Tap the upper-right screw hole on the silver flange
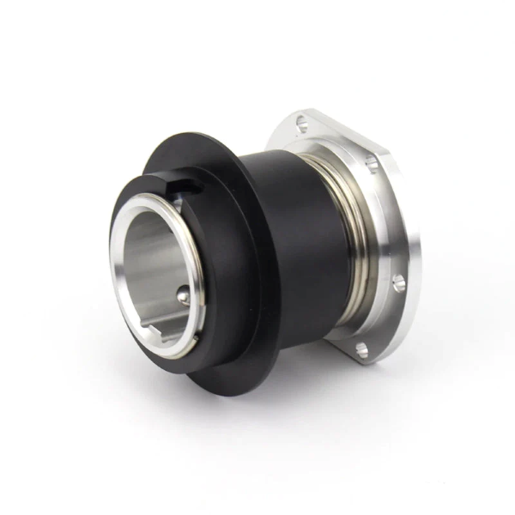click(x=371, y=162)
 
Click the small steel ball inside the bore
click(x=183, y=296)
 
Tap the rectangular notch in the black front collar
click(x=182, y=185)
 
